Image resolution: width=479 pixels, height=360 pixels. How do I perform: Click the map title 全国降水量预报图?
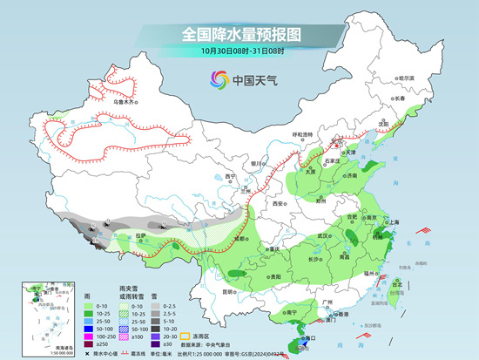240,34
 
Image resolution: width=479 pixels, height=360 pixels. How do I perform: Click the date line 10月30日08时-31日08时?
240,51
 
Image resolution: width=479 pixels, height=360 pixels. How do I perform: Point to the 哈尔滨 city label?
406,78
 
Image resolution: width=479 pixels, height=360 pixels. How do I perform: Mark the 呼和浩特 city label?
301,134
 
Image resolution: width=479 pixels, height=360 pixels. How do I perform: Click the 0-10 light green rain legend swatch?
90,308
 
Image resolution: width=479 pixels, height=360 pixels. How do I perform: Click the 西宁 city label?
206,176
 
